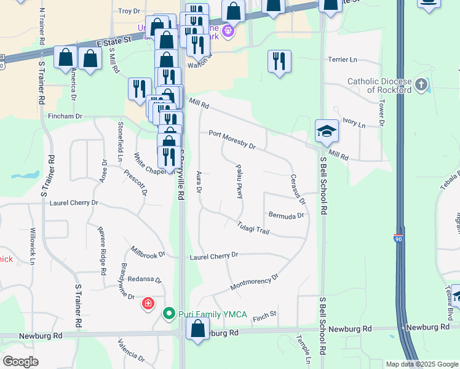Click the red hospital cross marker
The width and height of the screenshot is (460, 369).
148,304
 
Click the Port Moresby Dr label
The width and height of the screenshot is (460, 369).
232,139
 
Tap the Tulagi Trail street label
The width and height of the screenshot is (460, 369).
253,227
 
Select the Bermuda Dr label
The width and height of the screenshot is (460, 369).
286,215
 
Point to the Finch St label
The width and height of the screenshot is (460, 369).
265,314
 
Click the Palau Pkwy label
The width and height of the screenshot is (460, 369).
239,181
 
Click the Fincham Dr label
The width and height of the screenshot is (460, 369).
65,116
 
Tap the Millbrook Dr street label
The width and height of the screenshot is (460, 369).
148,252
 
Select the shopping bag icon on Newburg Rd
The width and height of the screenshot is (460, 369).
197,329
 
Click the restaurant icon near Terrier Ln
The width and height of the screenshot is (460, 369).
279,61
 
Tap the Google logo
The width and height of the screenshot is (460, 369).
20,362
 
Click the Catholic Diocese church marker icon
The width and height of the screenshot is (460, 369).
421,84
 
